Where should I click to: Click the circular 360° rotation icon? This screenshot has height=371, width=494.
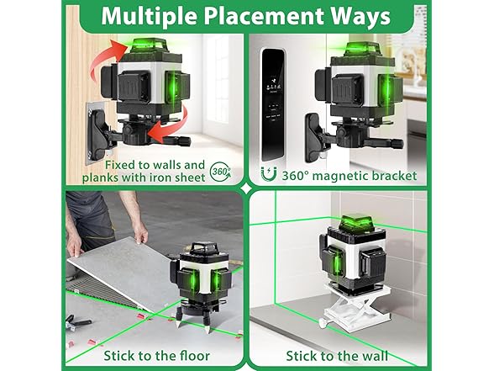220,172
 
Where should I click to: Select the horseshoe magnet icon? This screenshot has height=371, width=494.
269,174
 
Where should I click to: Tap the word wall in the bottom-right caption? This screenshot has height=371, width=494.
375,356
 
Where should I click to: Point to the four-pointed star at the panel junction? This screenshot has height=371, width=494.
246,188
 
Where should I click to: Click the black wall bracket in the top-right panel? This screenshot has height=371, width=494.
315,138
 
